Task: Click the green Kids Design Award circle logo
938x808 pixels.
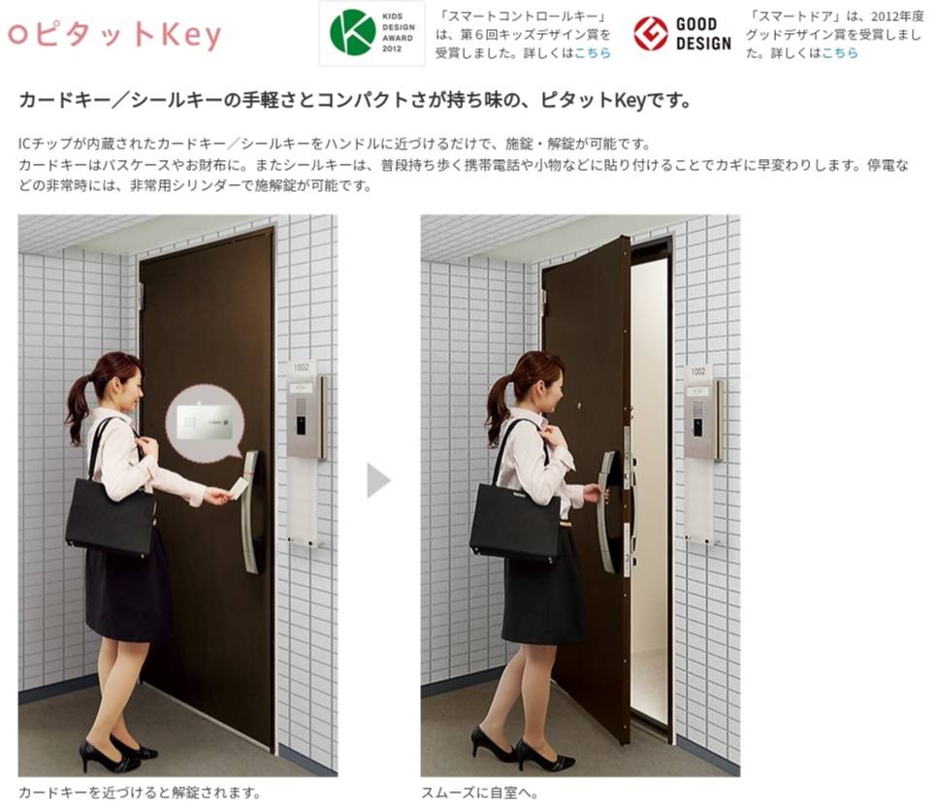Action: [352, 33]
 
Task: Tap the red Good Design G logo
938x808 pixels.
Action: [650, 34]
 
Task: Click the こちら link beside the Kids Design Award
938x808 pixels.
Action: [593, 53]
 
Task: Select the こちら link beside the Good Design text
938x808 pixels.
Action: [839, 53]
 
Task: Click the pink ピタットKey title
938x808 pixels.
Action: [114, 34]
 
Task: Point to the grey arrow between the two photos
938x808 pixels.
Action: [378, 479]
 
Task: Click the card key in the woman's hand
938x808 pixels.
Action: [240, 488]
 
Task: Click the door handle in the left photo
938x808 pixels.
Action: [251, 512]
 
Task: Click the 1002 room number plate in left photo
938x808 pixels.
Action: [301, 368]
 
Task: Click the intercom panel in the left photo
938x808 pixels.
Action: [306, 417]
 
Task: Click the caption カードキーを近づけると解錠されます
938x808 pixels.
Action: [140, 793]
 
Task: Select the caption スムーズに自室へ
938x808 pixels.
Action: [480, 793]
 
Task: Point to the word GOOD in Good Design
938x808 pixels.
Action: [696, 24]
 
